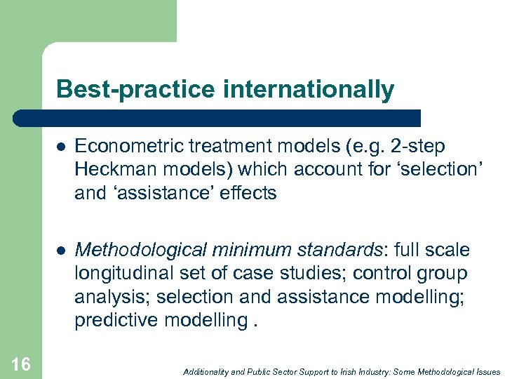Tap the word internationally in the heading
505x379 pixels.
pos(309,90)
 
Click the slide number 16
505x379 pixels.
pos(21,364)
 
